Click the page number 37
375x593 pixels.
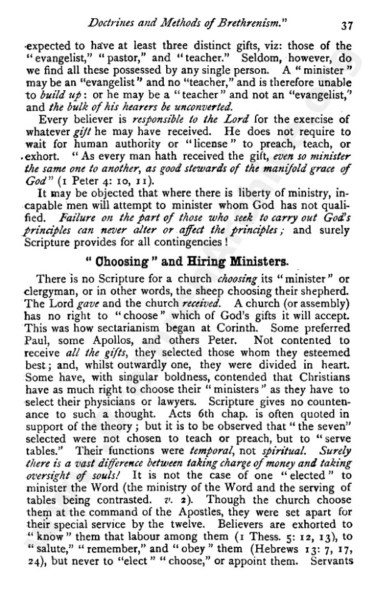coord(348,26)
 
